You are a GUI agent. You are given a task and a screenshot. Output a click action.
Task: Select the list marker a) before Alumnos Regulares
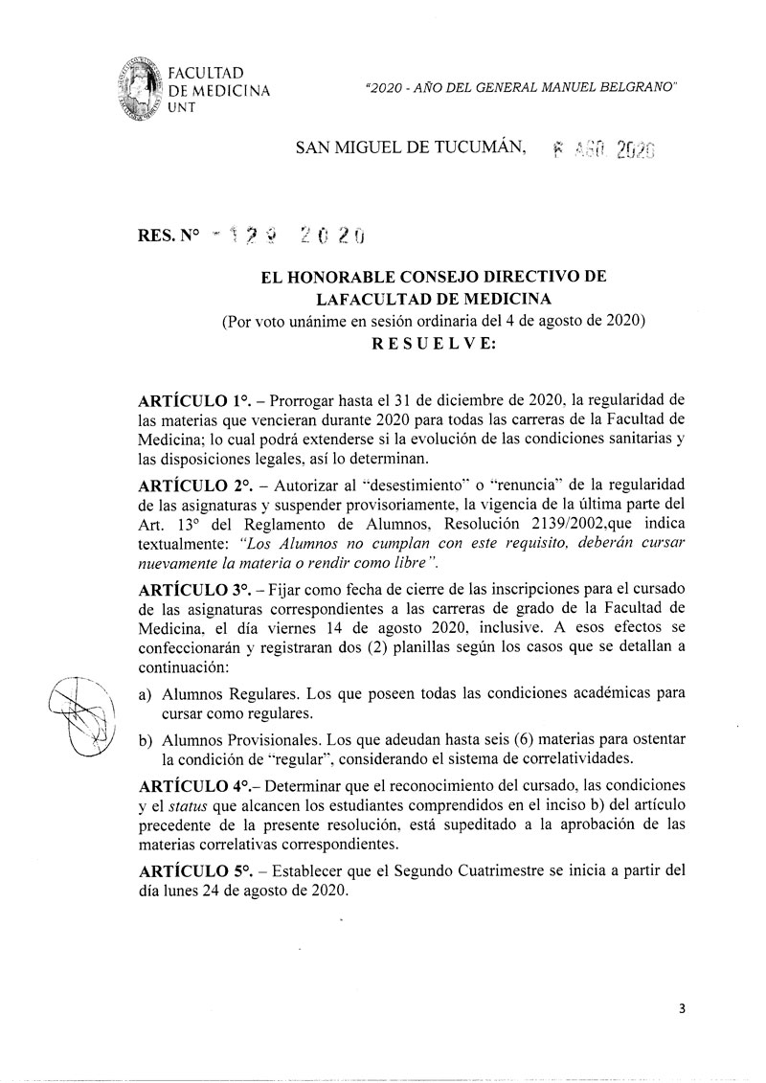tap(146, 689)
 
